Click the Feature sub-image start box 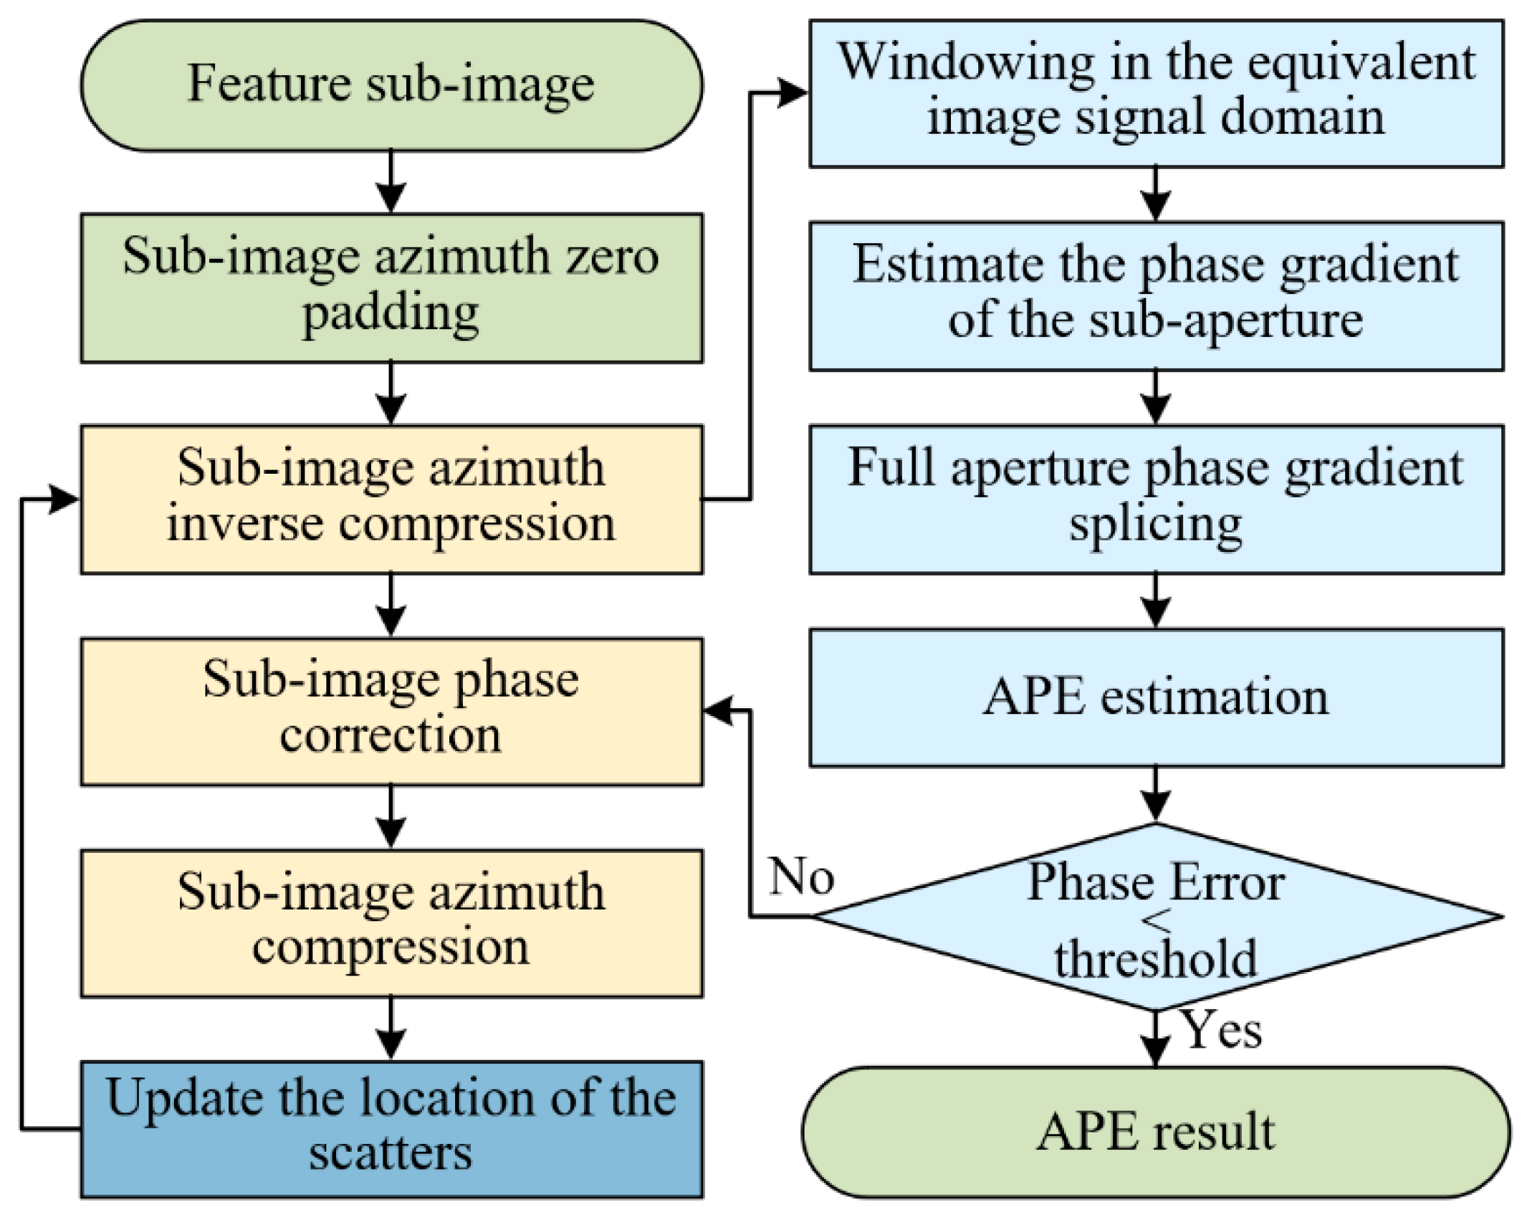(391, 85)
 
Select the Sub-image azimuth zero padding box (391, 287)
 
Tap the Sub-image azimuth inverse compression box (391, 499)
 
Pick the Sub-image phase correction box (391, 711)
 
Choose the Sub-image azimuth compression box (391, 922)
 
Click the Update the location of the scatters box (391, 1129)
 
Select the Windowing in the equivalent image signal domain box (1156, 93)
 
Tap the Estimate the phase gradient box (1156, 295)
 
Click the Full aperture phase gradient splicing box (1156, 499)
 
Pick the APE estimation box (1156, 697)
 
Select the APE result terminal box (1156, 1132)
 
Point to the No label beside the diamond (801, 876)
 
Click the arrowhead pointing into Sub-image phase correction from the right (719, 711)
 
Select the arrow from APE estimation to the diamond (1156, 796)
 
